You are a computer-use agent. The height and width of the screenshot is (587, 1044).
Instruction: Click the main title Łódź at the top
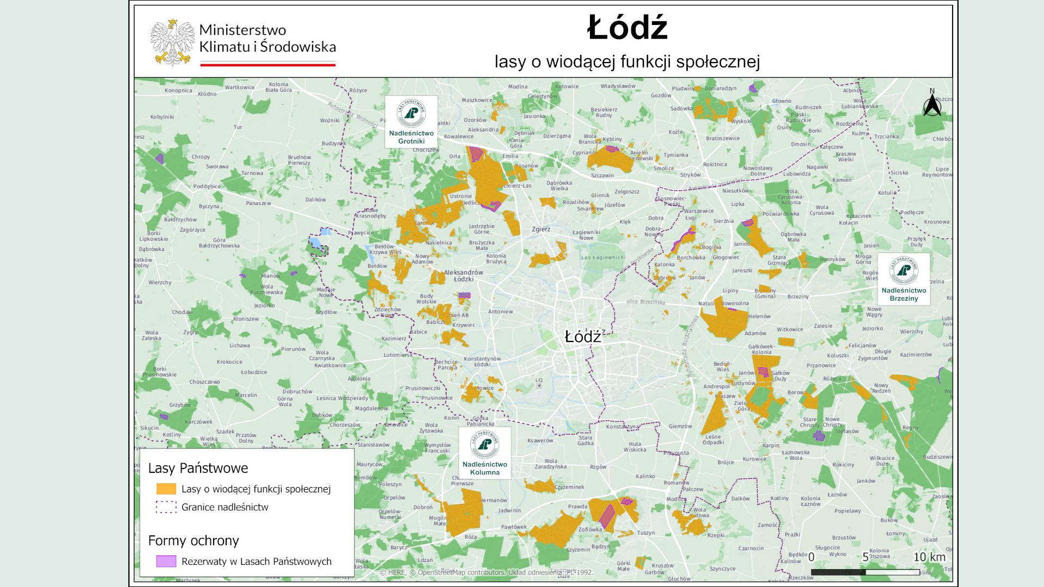(627, 28)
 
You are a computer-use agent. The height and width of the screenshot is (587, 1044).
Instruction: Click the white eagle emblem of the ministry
(172, 42)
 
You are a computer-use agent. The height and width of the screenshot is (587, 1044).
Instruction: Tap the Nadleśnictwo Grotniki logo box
(411, 121)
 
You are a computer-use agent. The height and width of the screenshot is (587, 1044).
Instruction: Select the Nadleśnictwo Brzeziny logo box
(903, 279)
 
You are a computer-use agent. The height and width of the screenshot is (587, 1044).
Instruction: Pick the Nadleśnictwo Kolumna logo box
(484, 452)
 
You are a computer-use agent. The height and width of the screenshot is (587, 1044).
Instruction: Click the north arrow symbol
(932, 104)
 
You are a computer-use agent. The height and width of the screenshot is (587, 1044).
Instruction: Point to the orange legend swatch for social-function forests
(166, 489)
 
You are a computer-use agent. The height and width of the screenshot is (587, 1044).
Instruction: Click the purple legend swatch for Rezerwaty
(166, 561)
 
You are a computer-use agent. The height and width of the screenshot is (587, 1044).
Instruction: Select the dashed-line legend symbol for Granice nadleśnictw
(166, 507)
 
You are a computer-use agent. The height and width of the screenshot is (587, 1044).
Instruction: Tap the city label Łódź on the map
(582, 337)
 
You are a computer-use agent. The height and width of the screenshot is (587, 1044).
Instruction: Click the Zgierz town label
(540, 229)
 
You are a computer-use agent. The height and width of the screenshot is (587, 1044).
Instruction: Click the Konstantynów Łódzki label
(482, 361)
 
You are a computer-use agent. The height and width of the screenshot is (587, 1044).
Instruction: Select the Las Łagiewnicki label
(603, 258)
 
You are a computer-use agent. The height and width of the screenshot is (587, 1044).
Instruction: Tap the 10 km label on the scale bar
(929, 557)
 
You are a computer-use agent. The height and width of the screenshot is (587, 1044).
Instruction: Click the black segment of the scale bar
(838, 572)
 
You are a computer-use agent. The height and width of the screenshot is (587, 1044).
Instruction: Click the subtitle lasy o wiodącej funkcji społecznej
(627, 61)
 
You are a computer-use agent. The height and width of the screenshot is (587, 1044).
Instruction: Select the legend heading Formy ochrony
(194, 540)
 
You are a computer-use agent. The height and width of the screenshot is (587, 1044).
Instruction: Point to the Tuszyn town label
(646, 533)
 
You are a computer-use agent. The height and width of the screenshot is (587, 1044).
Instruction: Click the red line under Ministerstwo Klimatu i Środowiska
(268, 65)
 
